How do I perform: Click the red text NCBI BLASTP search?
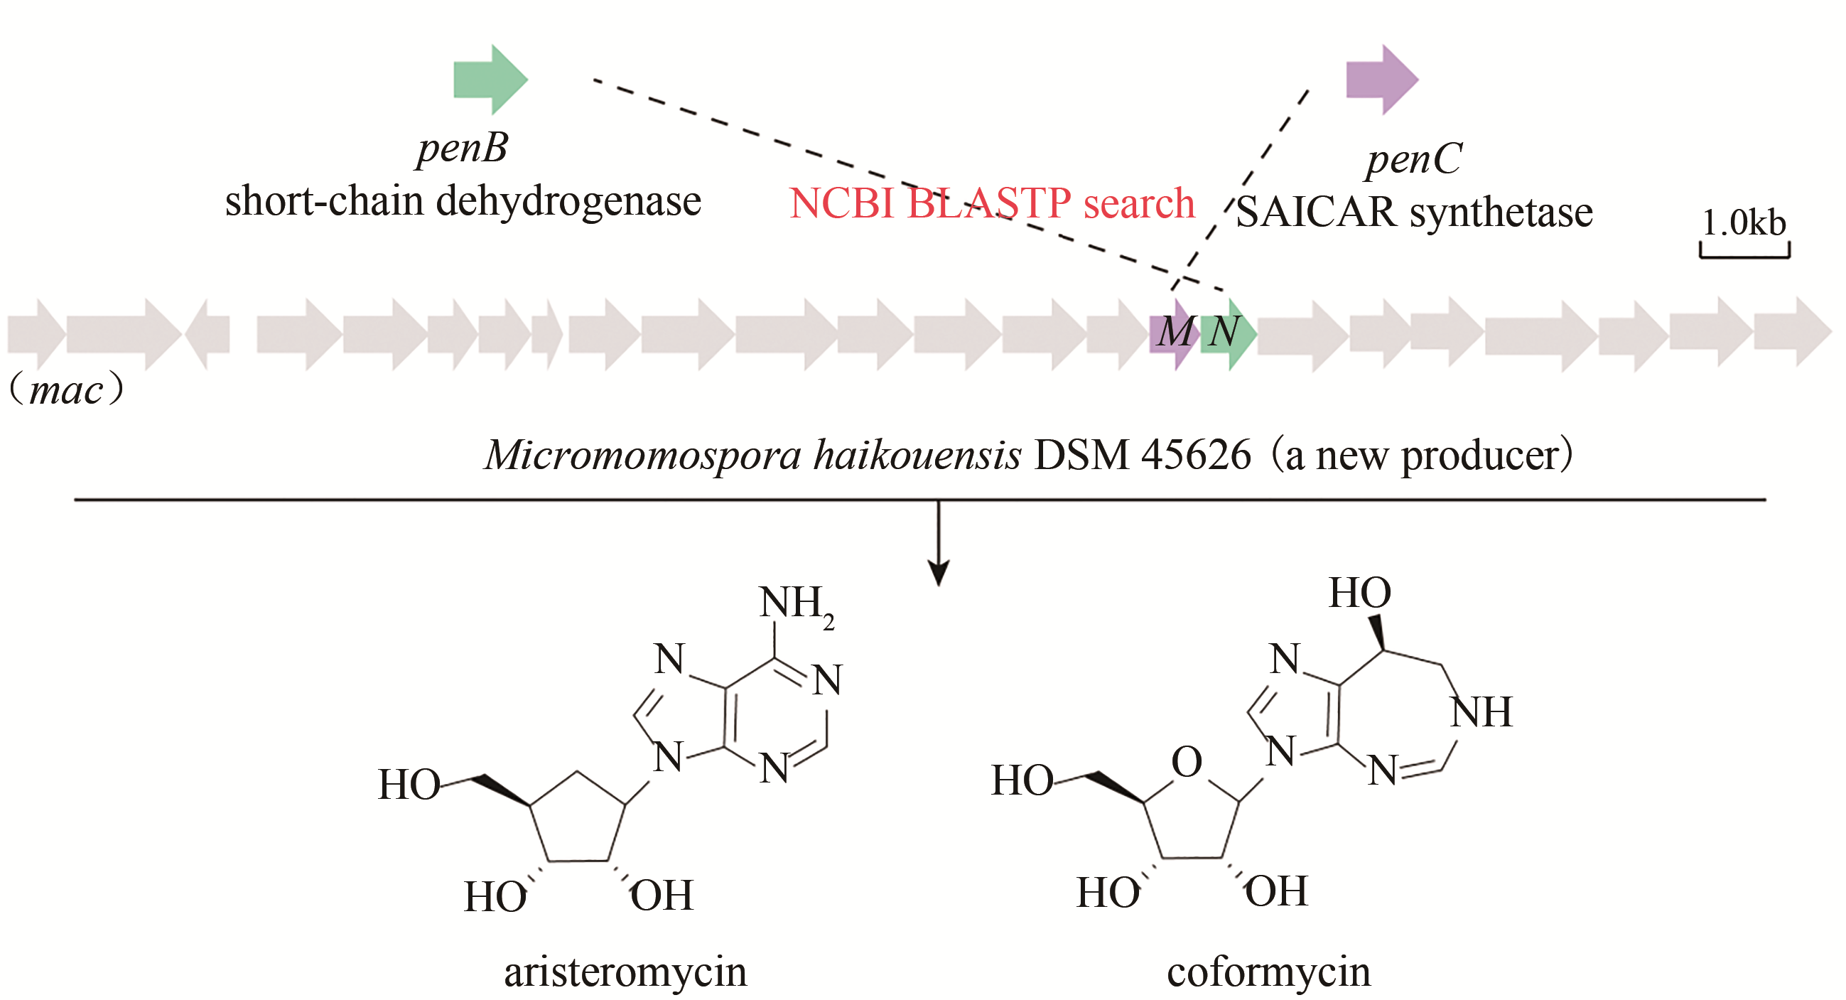coord(991,203)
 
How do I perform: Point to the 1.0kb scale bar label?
coord(1743,223)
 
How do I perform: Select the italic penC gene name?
coord(1413,159)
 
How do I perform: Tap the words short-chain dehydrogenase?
coord(463,200)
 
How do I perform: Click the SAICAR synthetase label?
coord(1414,213)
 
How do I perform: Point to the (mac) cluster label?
coord(66,391)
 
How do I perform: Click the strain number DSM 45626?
coord(1143,455)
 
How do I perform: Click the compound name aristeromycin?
coord(625,973)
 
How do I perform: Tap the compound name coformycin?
coord(1268,973)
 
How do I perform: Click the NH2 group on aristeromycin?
coord(795,603)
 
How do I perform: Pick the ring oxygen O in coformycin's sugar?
coord(1186,761)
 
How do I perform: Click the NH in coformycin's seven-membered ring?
coord(1481,713)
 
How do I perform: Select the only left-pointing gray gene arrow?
coord(207,334)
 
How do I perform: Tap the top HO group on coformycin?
coord(1359,593)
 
